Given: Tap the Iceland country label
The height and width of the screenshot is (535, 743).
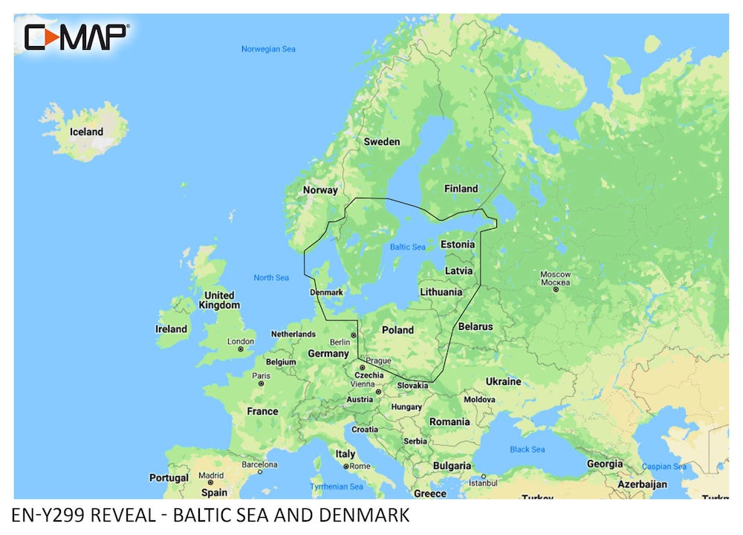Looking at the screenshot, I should [86, 132].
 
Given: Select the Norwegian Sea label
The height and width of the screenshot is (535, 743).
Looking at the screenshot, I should [268, 49].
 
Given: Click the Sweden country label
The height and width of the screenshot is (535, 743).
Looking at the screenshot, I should [381, 141].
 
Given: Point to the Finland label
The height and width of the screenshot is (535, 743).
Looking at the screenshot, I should [461, 189].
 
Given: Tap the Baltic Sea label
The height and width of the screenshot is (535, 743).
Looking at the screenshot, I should [407, 247].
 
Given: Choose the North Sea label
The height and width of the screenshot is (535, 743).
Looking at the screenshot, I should [271, 277].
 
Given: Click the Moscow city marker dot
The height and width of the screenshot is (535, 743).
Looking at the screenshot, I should [555, 290].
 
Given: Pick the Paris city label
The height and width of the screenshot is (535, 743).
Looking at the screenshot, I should [261, 376].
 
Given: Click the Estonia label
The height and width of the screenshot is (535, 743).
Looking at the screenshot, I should [458, 244].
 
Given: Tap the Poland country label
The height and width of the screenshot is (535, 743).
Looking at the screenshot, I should [398, 330].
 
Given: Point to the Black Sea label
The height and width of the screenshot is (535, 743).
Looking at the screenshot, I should [527, 450].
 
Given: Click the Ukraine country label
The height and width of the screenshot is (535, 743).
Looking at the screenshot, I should [503, 381].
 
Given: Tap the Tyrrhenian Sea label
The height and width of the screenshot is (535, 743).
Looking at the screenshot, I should [337, 487].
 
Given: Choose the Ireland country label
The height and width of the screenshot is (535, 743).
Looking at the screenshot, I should [172, 328].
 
